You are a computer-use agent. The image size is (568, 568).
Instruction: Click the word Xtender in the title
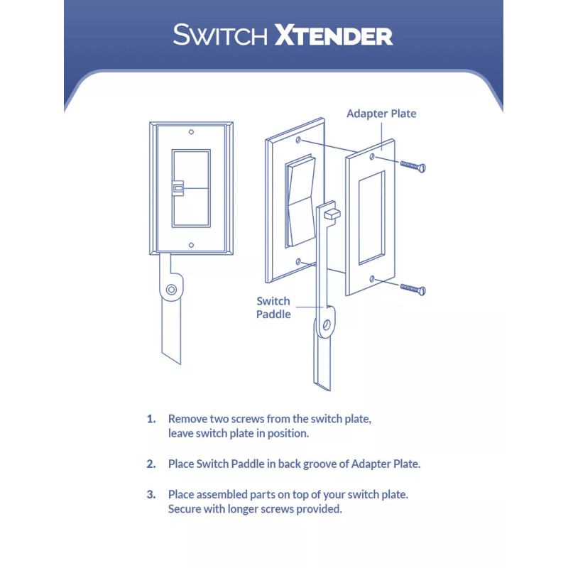coord(333,35)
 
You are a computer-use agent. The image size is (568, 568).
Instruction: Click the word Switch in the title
coord(220,35)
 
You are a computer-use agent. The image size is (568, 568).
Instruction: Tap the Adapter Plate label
coord(381,114)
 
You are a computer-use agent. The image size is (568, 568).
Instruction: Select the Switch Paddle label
coord(273,307)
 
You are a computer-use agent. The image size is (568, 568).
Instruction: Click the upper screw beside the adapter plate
coord(412,165)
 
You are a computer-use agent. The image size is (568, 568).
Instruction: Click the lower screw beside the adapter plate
coord(412,288)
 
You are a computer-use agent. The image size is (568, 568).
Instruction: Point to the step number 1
coord(151,419)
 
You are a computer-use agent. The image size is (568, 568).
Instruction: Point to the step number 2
coord(151,464)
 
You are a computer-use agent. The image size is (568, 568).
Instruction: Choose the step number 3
coord(151,493)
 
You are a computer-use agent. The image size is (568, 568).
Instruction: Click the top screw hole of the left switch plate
coord(191,133)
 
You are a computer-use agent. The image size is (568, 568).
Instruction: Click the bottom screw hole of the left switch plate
coord(191,244)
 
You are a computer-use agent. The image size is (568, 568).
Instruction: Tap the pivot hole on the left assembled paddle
coord(171,290)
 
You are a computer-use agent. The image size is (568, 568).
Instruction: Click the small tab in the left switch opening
coord(179,188)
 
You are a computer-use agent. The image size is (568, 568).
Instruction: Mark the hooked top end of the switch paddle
coord(330,211)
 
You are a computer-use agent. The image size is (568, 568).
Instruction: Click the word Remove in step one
coord(187,419)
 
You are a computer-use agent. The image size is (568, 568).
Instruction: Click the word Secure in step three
coord(186,509)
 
